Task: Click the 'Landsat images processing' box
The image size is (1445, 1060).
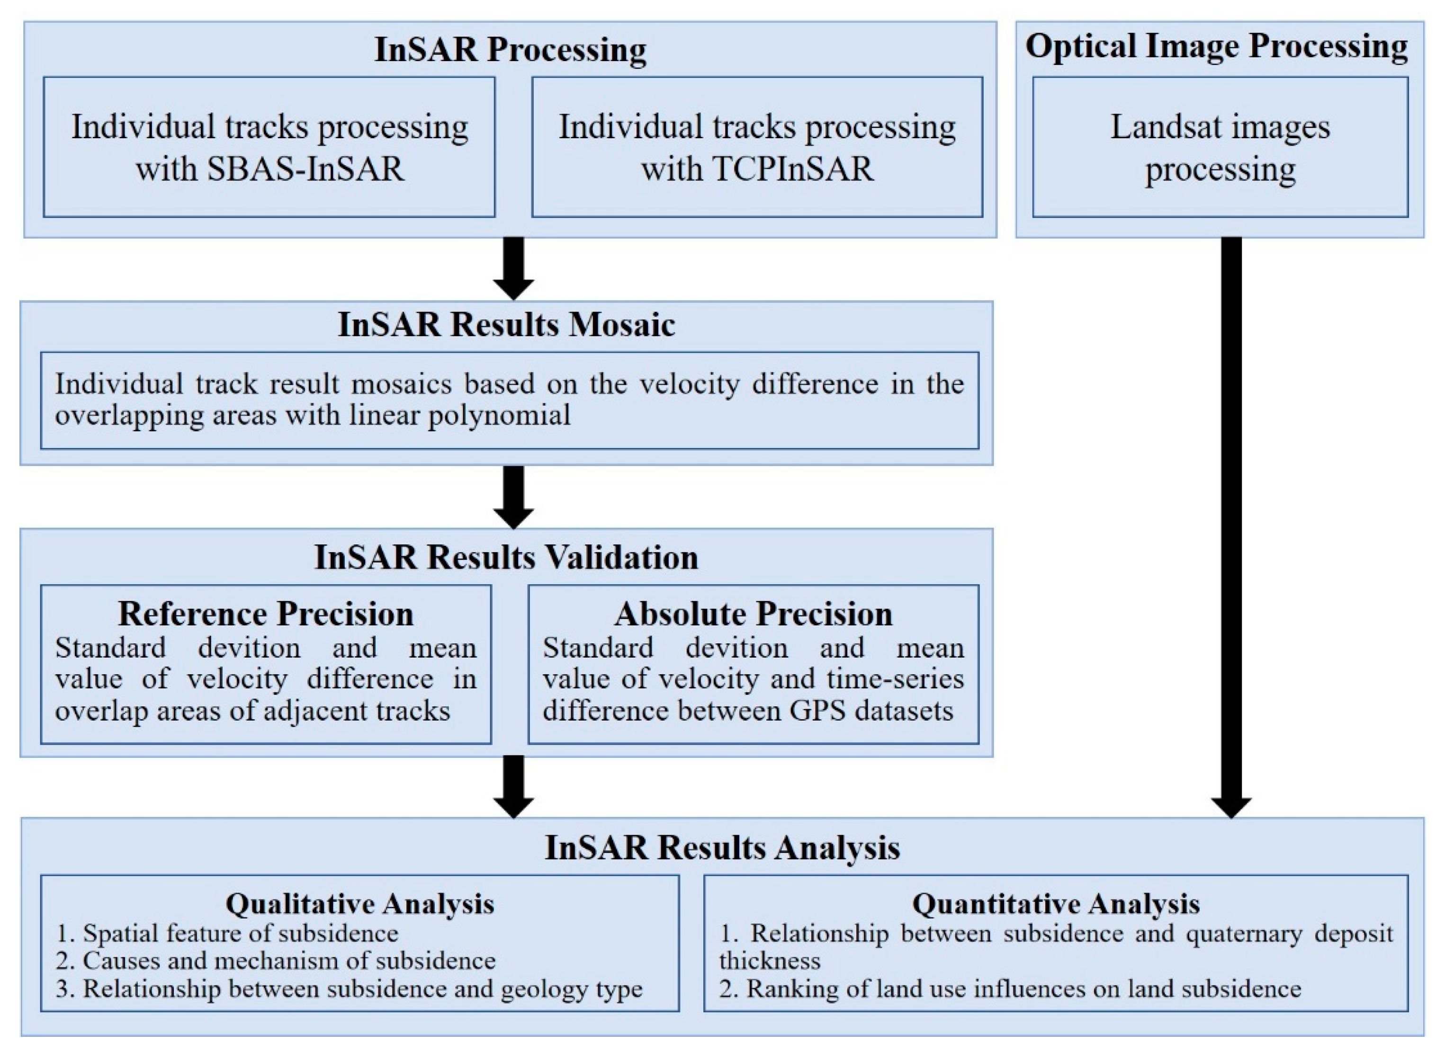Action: [x=1220, y=148]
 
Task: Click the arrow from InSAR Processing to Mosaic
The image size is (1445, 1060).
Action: [x=513, y=268]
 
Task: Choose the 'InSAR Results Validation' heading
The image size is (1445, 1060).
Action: [x=506, y=556]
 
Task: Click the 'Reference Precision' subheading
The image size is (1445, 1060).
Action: [x=266, y=614]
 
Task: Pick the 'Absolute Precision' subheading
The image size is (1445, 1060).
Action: [x=753, y=614]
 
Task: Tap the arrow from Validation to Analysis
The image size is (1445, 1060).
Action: [x=513, y=786]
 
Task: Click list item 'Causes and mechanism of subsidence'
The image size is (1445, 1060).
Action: [x=289, y=961]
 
